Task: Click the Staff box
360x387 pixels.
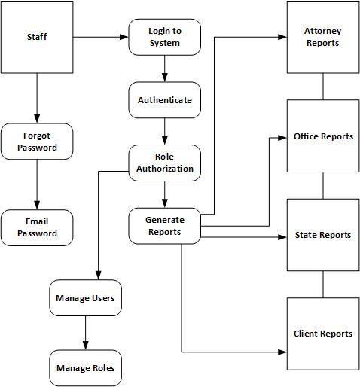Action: click(x=36, y=37)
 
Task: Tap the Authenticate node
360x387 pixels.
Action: click(x=164, y=99)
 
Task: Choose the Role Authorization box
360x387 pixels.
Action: click(x=164, y=163)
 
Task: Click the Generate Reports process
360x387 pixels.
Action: click(x=164, y=226)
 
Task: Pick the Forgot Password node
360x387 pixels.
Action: click(x=37, y=142)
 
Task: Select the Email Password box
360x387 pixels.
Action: click(x=37, y=227)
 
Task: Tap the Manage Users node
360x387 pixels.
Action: click(x=85, y=298)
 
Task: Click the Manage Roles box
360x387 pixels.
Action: click(x=85, y=368)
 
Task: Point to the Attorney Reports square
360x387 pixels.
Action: click(x=322, y=38)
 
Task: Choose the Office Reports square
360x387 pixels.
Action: click(x=322, y=136)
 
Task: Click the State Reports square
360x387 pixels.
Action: click(x=322, y=235)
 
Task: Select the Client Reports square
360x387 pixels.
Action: click(x=322, y=334)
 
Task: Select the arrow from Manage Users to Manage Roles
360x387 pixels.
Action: click(x=85, y=333)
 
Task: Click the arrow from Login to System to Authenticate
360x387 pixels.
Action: click(x=164, y=69)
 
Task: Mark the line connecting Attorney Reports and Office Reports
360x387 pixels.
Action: click(x=323, y=87)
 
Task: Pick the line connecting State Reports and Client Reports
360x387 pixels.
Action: click(x=323, y=284)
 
